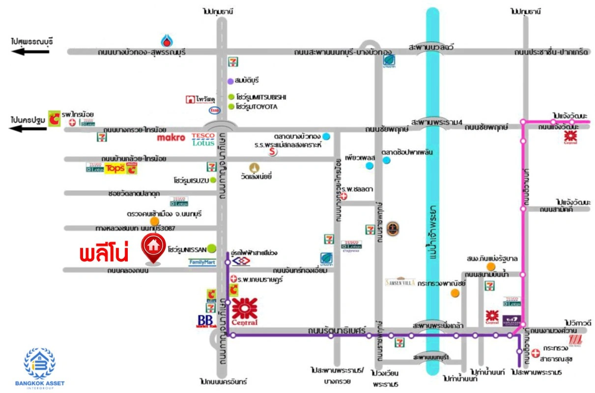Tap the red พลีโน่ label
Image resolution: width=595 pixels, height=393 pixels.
pyautogui.click(x=104, y=254)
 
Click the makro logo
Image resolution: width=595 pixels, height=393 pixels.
pyautogui.click(x=171, y=138)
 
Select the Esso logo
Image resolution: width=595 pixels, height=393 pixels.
pyautogui.click(x=215, y=110)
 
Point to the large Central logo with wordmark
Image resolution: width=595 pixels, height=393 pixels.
pyautogui.click(x=245, y=311)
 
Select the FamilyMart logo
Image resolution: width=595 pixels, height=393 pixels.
pyautogui.click(x=202, y=262)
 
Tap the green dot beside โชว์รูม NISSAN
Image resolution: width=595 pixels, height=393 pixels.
pyautogui.click(x=212, y=248)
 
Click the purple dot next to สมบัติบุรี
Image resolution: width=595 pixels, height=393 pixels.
pyautogui.click(x=230, y=81)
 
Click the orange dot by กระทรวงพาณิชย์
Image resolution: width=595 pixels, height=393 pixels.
pyautogui.click(x=455, y=293)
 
